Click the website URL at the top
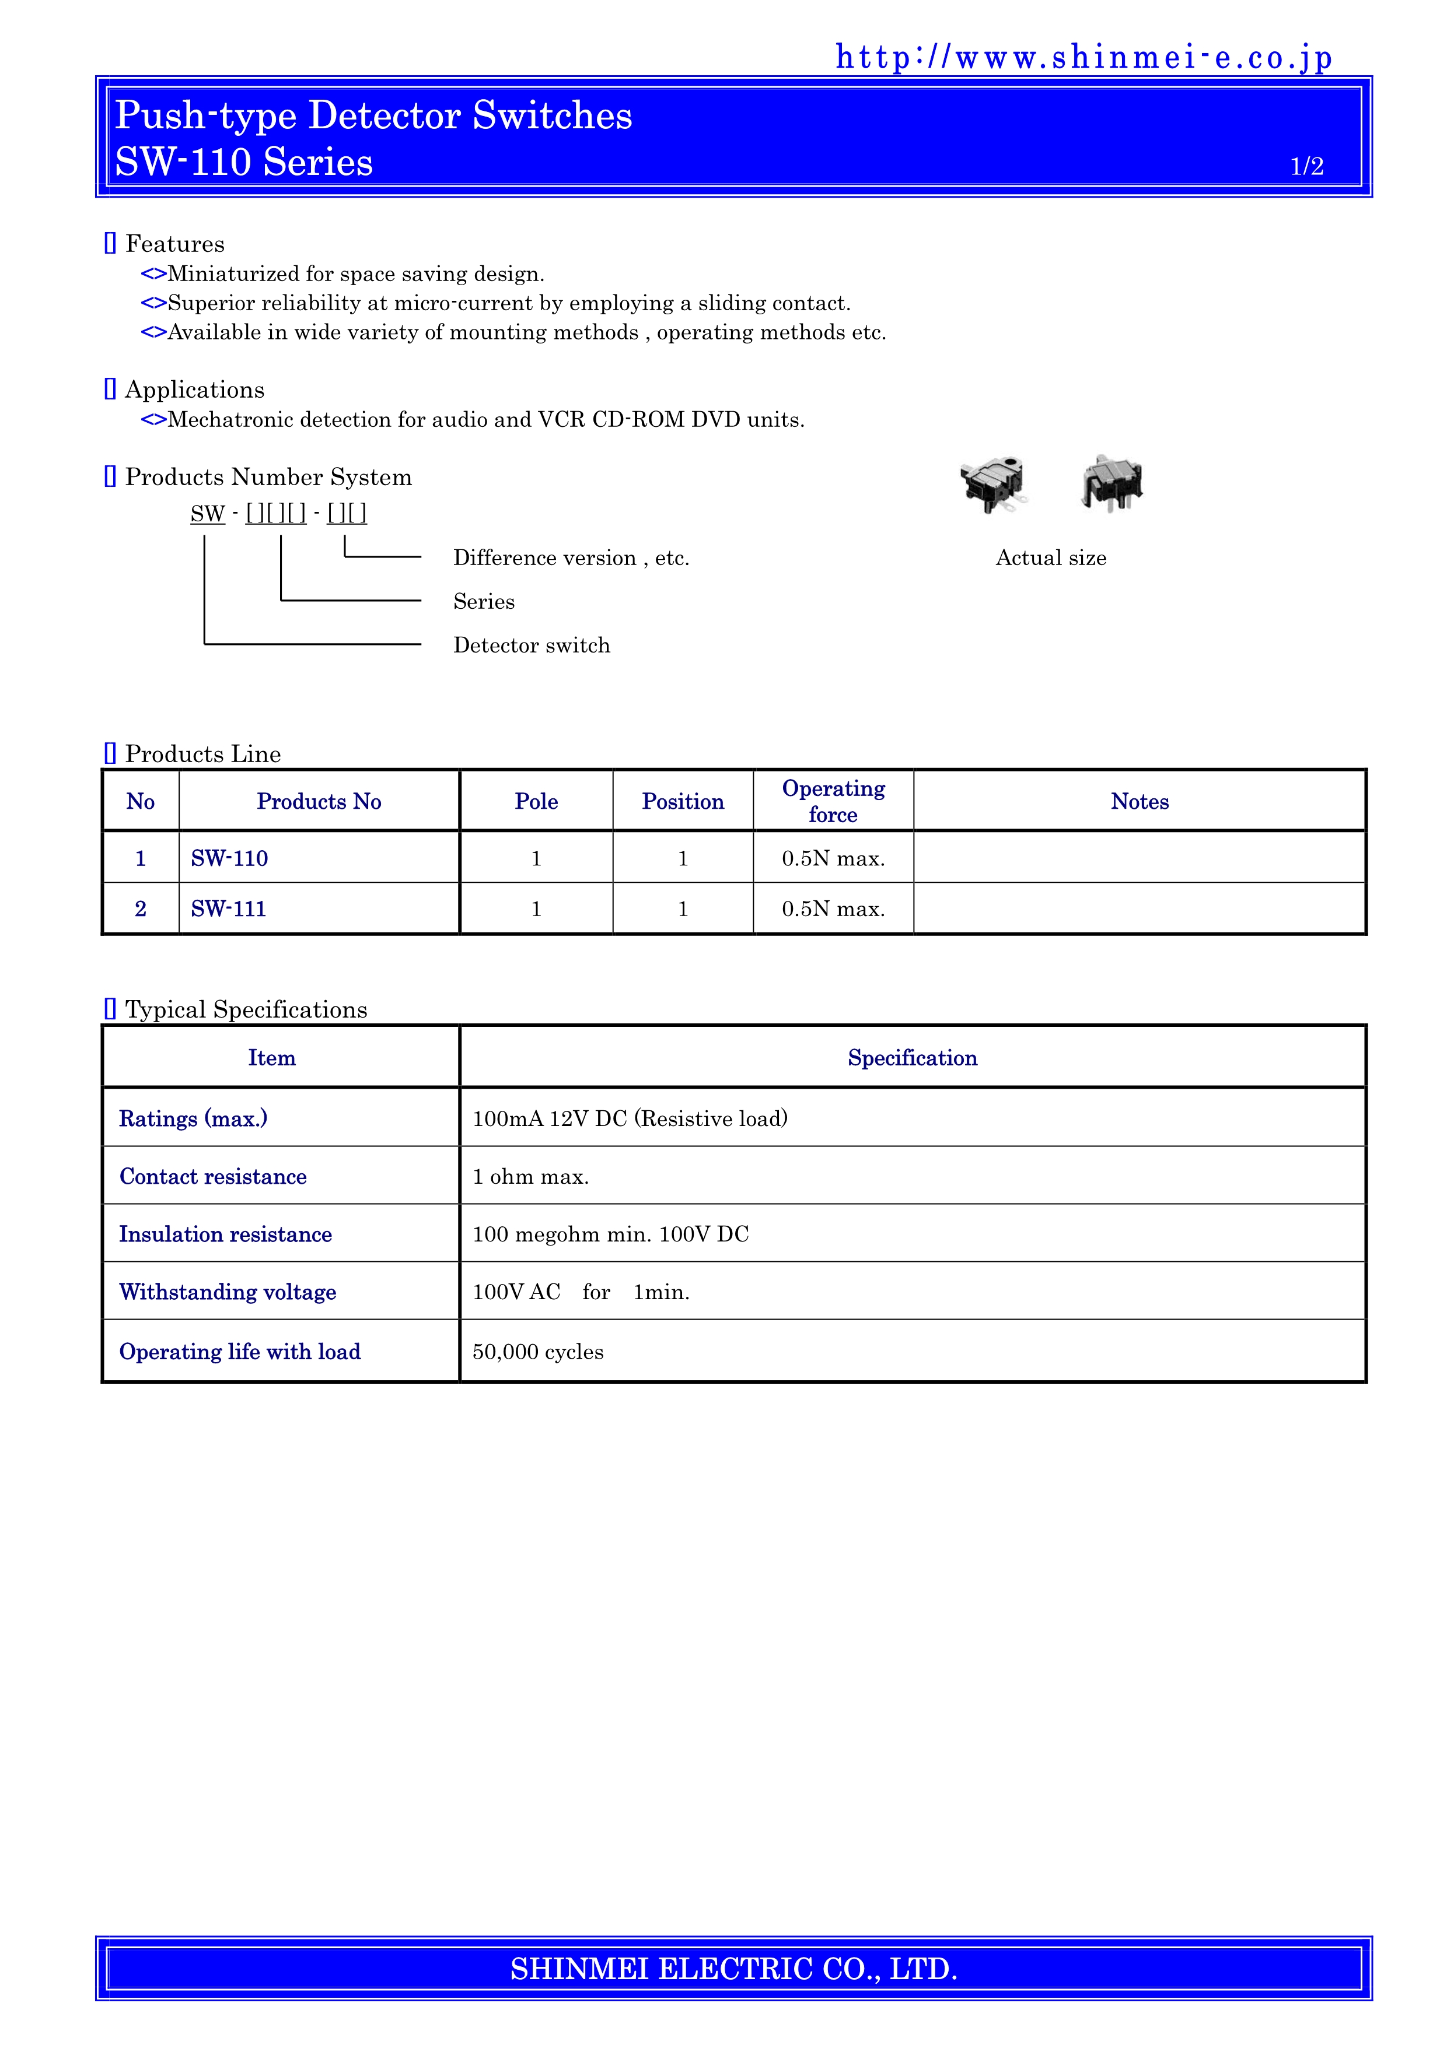point(1083,57)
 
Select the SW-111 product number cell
point(229,909)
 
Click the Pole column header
point(536,802)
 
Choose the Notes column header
point(1140,802)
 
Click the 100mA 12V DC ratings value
point(630,1118)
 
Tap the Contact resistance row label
point(213,1177)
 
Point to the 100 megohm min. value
point(610,1234)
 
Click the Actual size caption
point(1050,557)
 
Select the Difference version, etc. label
point(571,557)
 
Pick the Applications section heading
point(194,389)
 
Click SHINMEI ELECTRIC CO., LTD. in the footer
point(733,1969)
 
